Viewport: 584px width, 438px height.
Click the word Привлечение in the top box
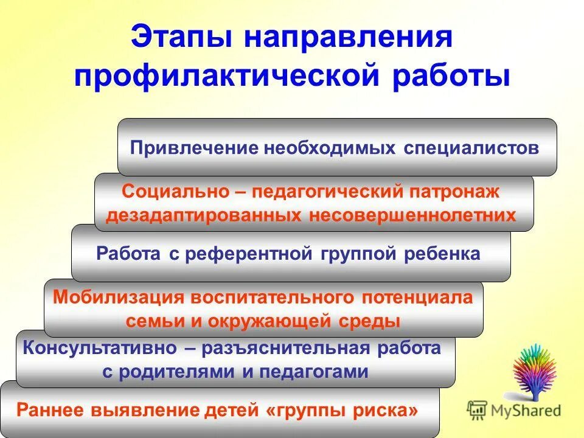pyautogui.click(x=193, y=148)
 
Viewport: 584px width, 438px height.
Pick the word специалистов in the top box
pyautogui.click(x=471, y=148)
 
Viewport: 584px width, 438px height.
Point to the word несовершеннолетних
pyautogui.click(x=412, y=215)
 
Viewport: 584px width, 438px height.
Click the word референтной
pyautogui.click(x=246, y=254)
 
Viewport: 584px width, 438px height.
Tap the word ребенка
pyautogui.click(x=442, y=254)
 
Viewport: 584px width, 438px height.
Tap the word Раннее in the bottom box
pyautogui.click(x=50, y=410)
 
